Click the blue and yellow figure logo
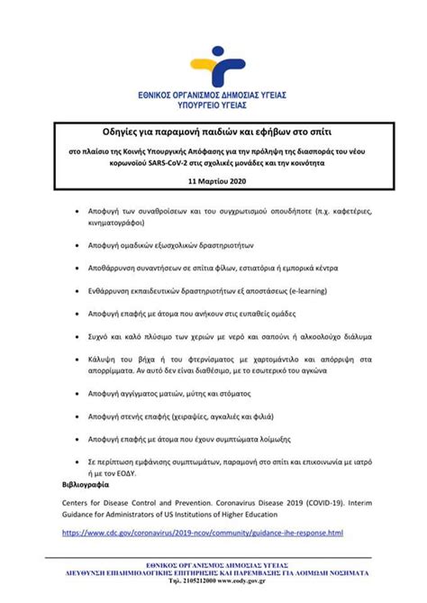[213, 66]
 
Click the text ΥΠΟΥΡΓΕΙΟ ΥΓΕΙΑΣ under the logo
[213, 104]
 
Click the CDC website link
[202, 533]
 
